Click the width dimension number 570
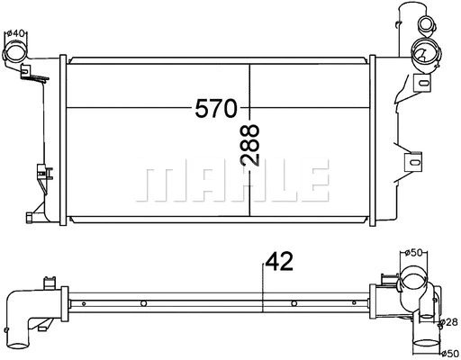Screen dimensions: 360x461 (216, 109)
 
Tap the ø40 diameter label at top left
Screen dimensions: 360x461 (15, 34)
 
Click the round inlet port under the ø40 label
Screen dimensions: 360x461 (16, 53)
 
